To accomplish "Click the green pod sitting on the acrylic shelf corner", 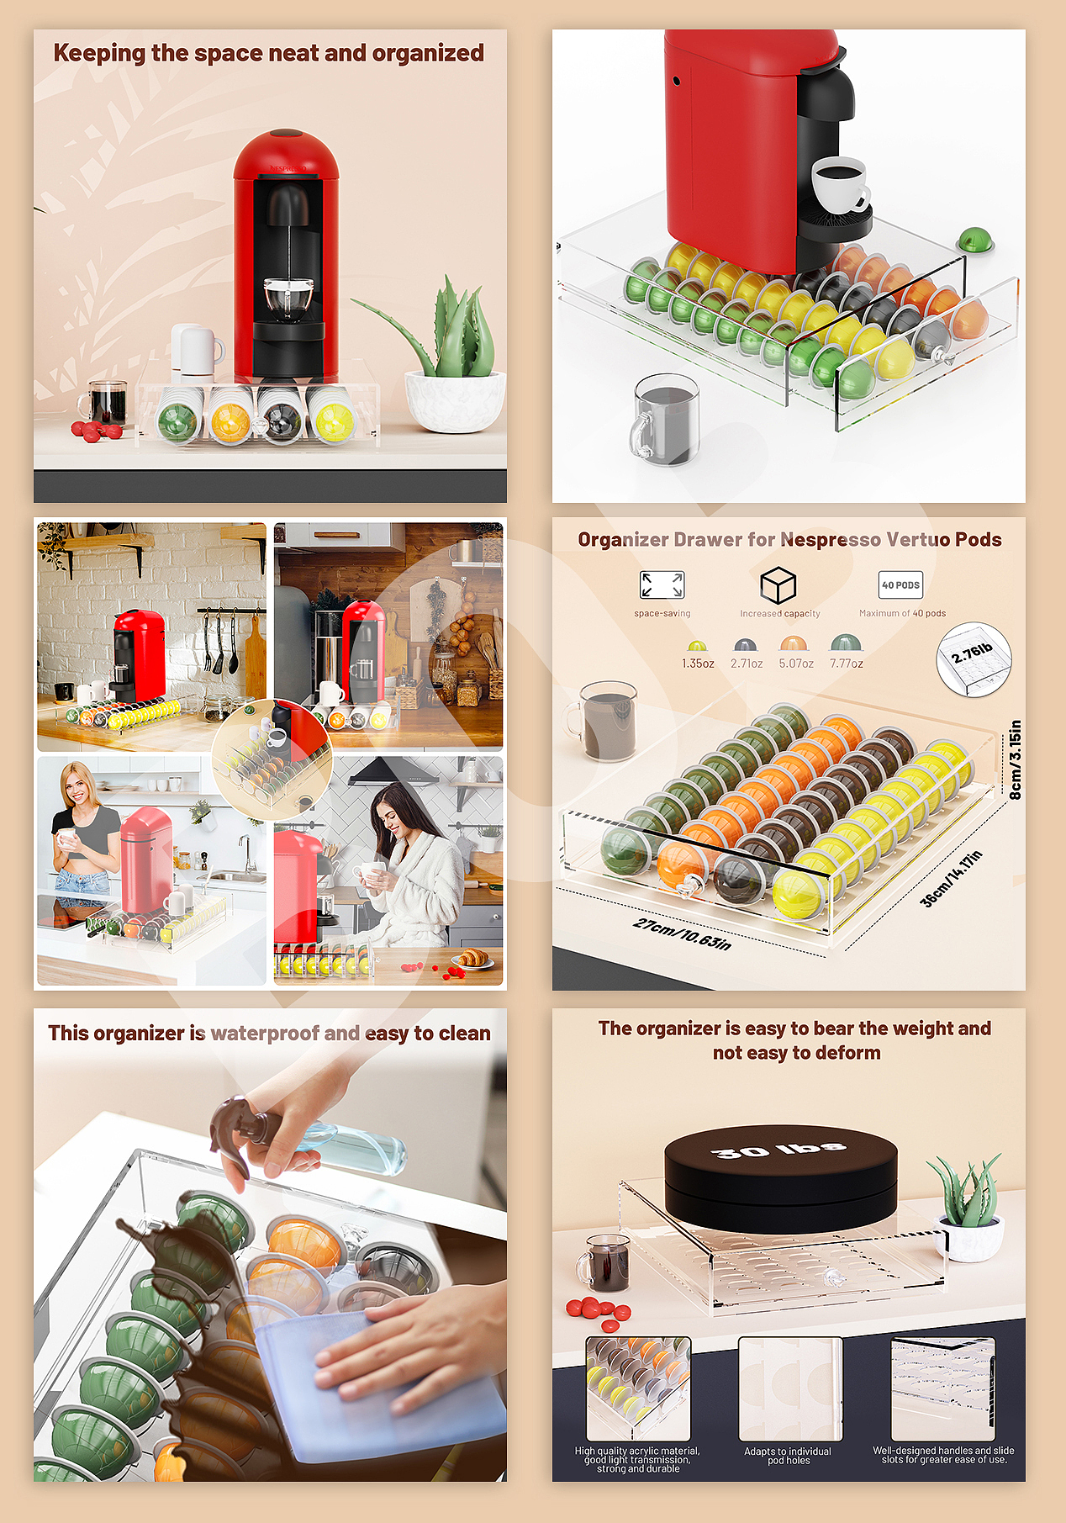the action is [x=976, y=239].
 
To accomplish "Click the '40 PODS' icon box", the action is [x=900, y=584].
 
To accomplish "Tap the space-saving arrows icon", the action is [x=662, y=584].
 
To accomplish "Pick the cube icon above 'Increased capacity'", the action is [x=778, y=584].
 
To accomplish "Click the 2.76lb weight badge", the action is [x=974, y=659].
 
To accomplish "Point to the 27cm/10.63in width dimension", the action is [x=682, y=933].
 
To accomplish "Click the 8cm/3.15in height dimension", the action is [x=1015, y=759].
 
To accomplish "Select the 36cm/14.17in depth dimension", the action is [x=951, y=878].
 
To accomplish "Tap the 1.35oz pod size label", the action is [x=698, y=664].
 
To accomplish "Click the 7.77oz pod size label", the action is [x=847, y=664].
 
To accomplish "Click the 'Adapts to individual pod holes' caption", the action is [x=788, y=1456].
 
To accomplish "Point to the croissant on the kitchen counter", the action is [x=472, y=957].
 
